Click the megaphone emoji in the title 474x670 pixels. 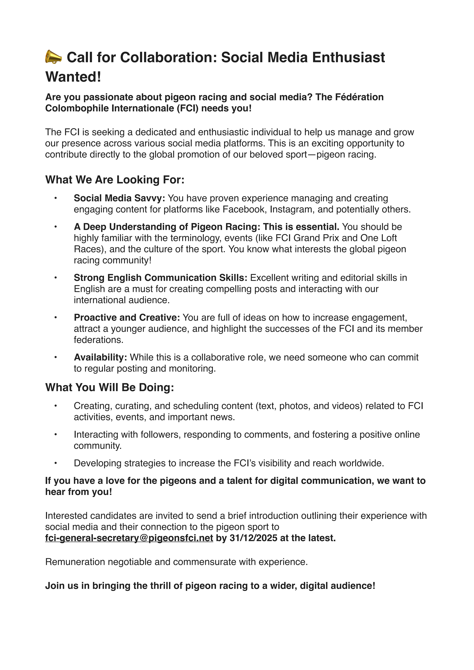53,57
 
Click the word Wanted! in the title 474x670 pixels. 73,77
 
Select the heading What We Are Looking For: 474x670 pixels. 115,180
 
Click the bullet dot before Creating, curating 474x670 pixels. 55,406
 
